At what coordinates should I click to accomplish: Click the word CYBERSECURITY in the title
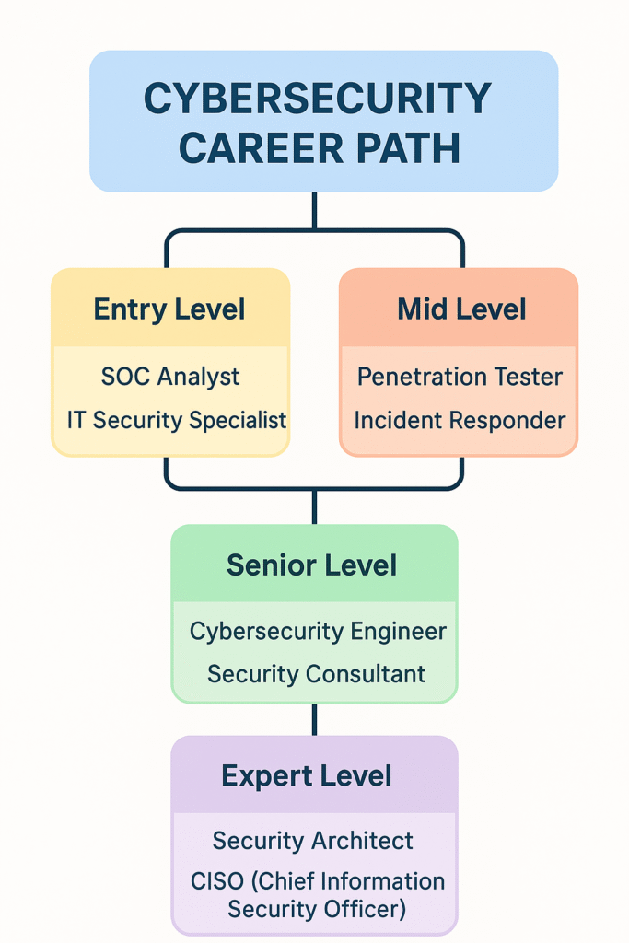[318, 98]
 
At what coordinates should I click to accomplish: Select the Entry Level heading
[169, 309]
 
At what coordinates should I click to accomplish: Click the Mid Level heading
[461, 309]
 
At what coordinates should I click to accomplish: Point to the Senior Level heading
[311, 565]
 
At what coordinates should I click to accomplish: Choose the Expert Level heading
[306, 776]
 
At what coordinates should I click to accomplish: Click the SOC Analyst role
[170, 377]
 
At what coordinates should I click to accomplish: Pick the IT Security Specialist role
[177, 420]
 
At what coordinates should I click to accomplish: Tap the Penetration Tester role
[460, 377]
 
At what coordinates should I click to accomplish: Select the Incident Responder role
[460, 420]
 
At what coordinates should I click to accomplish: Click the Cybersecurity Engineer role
[318, 632]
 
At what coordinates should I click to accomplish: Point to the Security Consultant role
[316, 674]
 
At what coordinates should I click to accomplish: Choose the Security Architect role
[313, 841]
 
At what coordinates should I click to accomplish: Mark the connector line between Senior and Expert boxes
[315, 719]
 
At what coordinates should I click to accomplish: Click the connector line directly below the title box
[315, 211]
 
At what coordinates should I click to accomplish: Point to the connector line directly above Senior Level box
[315, 507]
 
